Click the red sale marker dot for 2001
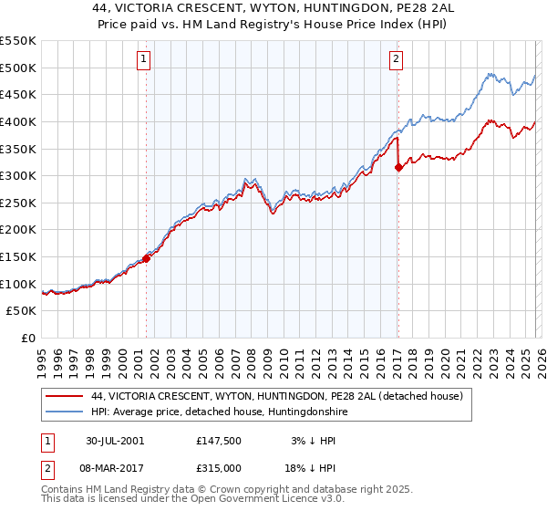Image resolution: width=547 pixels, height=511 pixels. pos(147,257)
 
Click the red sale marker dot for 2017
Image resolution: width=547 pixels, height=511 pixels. pos(398,167)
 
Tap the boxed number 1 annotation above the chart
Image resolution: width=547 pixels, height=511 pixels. pos(144,60)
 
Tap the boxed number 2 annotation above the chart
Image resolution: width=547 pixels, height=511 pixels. pos(397,60)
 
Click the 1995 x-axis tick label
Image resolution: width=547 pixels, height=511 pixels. pos(42,358)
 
